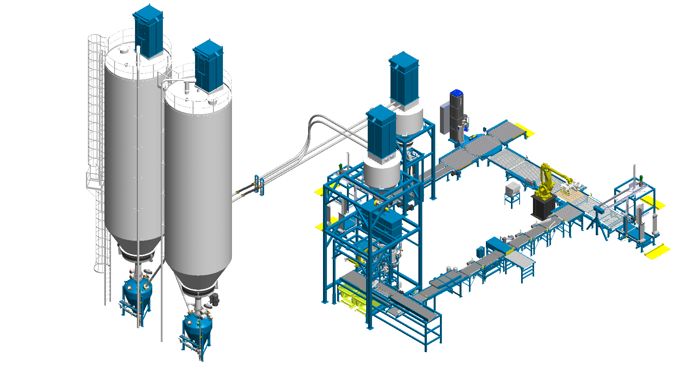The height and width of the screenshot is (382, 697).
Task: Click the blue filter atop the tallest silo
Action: (x=148, y=31)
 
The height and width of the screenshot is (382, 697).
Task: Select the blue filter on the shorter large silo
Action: (x=208, y=67)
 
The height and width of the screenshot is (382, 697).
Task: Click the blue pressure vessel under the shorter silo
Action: (x=197, y=326)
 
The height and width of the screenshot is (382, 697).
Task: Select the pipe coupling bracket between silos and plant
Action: (x=259, y=185)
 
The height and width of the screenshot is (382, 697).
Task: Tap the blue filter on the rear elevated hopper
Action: (x=404, y=78)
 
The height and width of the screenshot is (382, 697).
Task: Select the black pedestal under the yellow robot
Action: (x=544, y=206)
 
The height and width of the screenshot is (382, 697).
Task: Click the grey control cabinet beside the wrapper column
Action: (x=444, y=118)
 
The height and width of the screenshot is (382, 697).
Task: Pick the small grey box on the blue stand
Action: (x=512, y=189)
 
